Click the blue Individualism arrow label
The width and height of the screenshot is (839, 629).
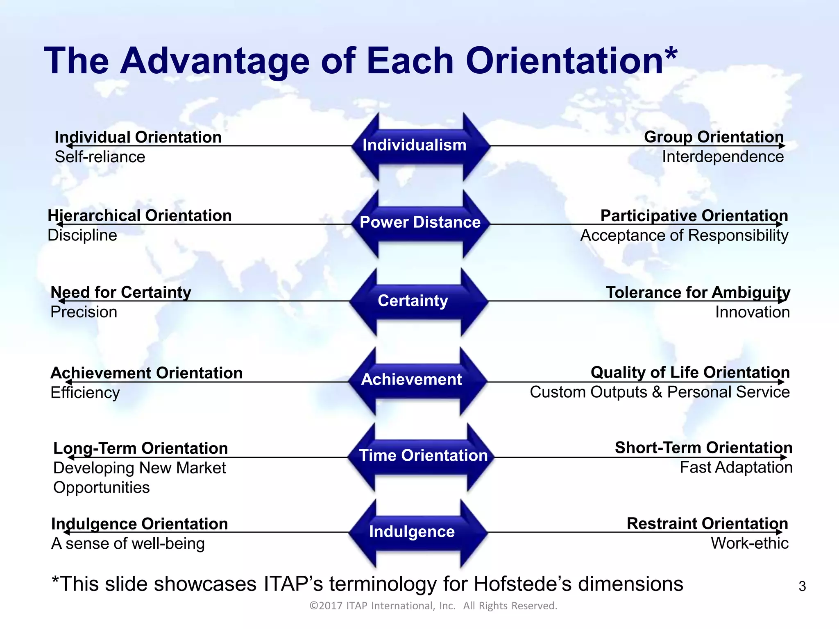pyautogui.click(x=414, y=145)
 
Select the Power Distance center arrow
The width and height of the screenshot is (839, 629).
pyautogui.click(x=420, y=222)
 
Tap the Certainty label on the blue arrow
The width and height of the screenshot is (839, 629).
pyautogui.click(x=413, y=301)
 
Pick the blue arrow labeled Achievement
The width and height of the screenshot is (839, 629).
pyautogui.click(x=411, y=380)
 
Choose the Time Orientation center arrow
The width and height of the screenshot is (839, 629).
pyautogui.click(x=423, y=455)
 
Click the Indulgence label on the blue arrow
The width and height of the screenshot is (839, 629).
pyautogui.click(x=412, y=532)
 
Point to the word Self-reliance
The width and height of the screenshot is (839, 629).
pyautogui.click(x=100, y=157)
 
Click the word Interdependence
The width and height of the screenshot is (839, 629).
pyautogui.click(x=723, y=157)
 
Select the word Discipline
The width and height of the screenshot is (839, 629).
pyautogui.click(x=82, y=235)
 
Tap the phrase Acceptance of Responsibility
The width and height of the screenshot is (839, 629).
pyautogui.click(x=684, y=235)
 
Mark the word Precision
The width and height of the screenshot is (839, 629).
pyautogui.click(x=84, y=312)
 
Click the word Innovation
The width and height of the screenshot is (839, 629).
pyautogui.click(x=752, y=312)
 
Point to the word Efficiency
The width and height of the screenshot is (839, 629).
pyautogui.click(x=85, y=393)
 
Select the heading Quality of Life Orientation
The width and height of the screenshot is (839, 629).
pyautogui.click(x=690, y=373)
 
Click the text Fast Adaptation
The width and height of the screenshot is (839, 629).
pyautogui.click(x=736, y=468)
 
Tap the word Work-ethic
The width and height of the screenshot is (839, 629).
pyautogui.click(x=749, y=543)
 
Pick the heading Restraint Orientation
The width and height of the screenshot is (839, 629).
pyautogui.click(x=707, y=524)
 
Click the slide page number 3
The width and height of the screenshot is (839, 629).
pyautogui.click(x=802, y=586)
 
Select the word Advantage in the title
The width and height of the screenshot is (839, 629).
pyautogui.click(x=215, y=61)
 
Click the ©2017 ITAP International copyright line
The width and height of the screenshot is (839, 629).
pyautogui.click(x=433, y=606)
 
